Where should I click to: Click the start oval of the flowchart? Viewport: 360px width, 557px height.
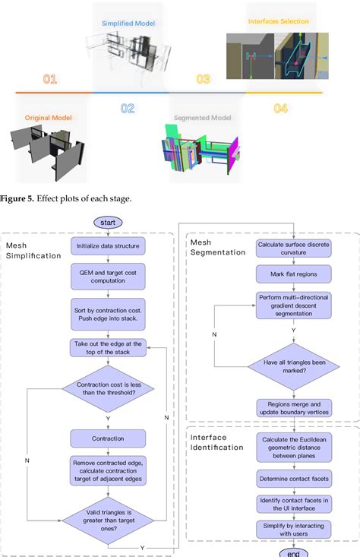[x=108, y=221]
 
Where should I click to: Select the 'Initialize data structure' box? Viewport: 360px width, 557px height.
[x=108, y=246]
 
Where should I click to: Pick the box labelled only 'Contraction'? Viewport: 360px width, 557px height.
[x=108, y=438]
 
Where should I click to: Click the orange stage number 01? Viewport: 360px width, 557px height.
[x=49, y=79]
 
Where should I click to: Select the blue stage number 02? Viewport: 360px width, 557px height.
[x=127, y=109]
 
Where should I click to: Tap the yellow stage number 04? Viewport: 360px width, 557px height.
[x=280, y=109]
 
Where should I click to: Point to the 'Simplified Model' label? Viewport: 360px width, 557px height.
[x=128, y=24]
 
